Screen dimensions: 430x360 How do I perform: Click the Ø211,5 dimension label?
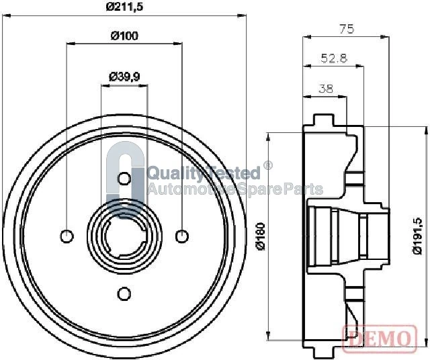tap(125, 7)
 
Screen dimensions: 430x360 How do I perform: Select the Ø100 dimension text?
tap(124, 36)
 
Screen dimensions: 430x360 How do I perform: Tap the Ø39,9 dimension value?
tap(124, 77)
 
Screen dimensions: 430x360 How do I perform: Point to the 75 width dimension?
tap(347, 29)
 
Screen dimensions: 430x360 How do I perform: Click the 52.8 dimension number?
tap(334, 58)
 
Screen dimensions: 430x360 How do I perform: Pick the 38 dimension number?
tap(326, 89)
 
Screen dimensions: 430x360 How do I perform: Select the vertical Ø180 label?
tap(261, 236)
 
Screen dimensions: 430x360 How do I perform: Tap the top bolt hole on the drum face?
tap(124, 179)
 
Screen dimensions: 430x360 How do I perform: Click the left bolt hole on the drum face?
tap(67, 236)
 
